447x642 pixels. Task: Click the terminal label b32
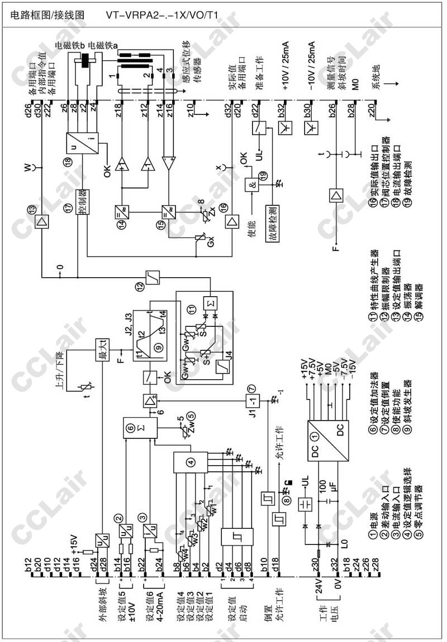(x=283, y=110)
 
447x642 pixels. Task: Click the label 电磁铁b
(x=70, y=45)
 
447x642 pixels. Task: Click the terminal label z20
(x=372, y=110)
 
